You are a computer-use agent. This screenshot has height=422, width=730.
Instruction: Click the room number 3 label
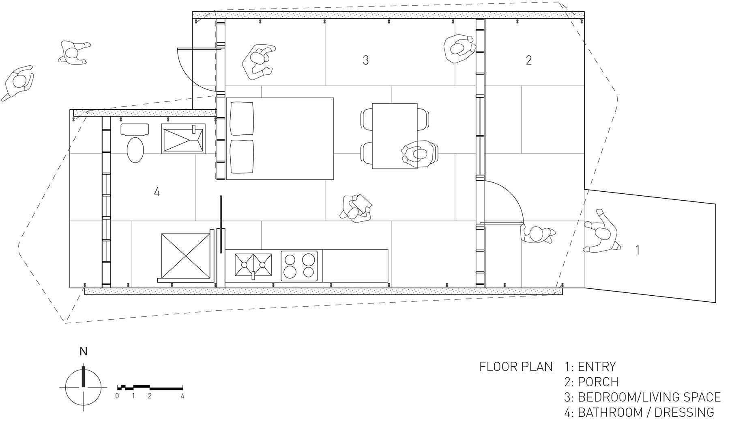pos(365,60)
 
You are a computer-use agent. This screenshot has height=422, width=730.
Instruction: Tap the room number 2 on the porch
pos(528,60)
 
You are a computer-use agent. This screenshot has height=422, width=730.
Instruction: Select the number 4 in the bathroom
pos(157,192)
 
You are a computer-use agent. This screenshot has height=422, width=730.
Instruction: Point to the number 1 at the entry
pos(638,250)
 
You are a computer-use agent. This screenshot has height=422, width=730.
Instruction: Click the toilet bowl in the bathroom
pos(135,149)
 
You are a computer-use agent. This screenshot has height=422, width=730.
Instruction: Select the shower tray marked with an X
pos(185,256)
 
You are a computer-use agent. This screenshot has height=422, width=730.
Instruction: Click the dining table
pos(395,136)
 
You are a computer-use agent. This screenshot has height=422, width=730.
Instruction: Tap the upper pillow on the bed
pos(242,120)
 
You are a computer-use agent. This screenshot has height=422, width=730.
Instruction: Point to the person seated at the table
pos(419,154)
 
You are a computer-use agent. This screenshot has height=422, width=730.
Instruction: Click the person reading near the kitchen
pos(356,209)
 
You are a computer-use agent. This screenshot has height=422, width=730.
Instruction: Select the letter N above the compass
pos(83,351)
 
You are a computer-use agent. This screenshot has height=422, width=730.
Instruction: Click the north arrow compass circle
pos(84,387)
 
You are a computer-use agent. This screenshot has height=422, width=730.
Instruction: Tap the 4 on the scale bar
pos(182,396)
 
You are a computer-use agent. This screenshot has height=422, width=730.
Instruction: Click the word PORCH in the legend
pos(598,382)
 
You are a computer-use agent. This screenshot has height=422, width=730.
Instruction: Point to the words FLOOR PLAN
pos(516,367)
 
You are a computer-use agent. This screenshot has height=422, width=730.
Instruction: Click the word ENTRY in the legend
pos(597,367)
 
